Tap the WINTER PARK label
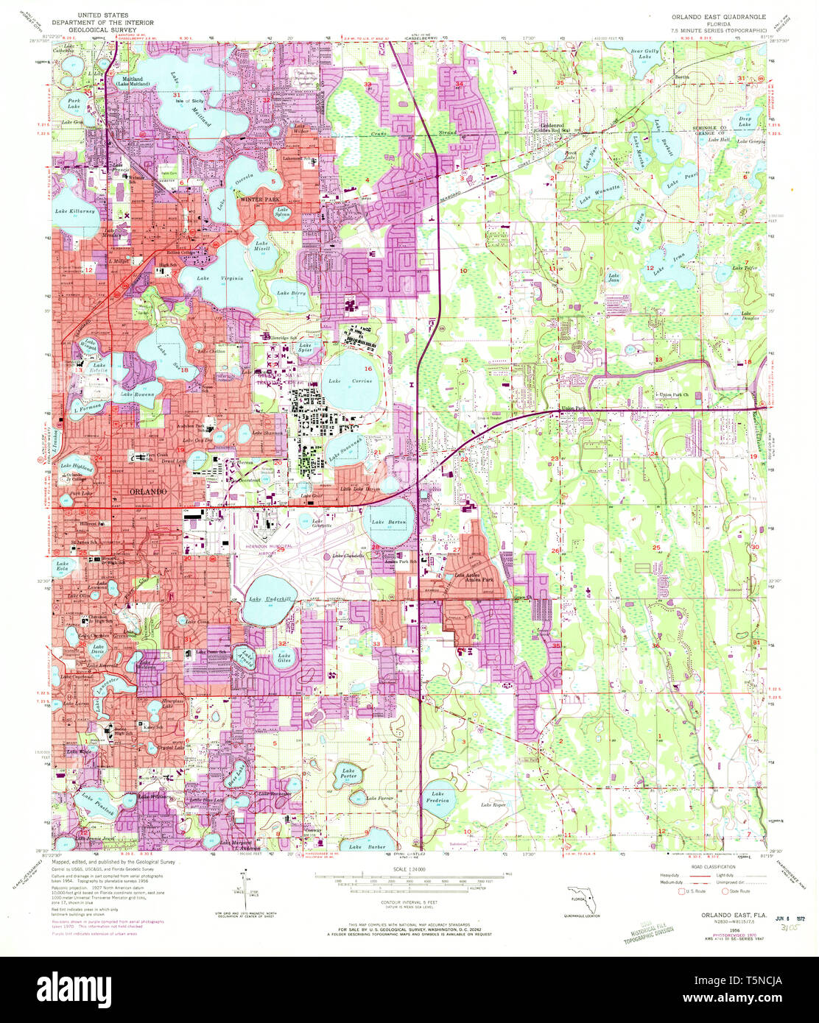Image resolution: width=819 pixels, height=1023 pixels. coord(254,198)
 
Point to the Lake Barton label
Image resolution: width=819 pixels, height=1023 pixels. coord(387,522)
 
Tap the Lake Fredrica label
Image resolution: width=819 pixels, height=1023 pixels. coord(439,798)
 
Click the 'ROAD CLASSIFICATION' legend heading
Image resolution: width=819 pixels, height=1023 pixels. coord(703,868)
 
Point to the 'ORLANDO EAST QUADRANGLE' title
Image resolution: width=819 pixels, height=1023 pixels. coord(718,16)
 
